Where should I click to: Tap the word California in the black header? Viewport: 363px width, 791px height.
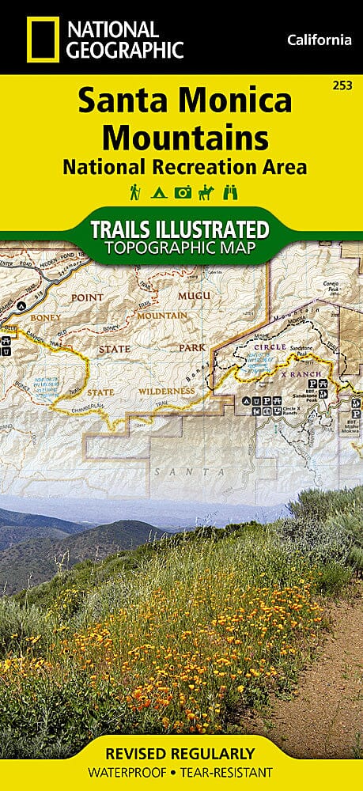point(319,40)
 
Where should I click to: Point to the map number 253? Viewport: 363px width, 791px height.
point(343,85)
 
